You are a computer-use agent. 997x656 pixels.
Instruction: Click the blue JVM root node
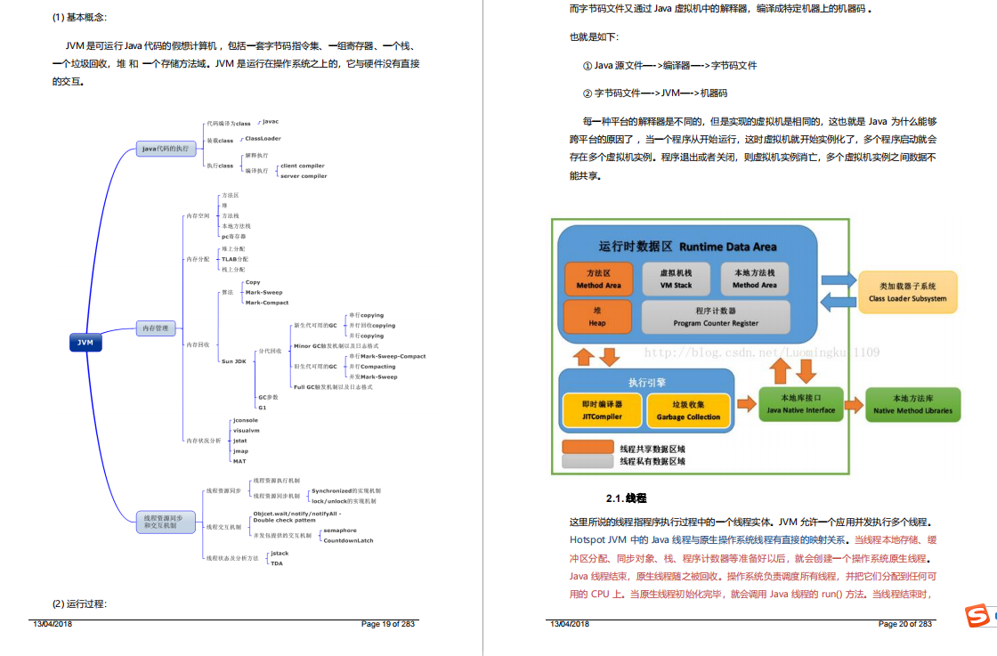pyautogui.click(x=85, y=342)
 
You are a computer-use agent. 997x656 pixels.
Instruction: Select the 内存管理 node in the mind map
pyautogui.click(x=156, y=328)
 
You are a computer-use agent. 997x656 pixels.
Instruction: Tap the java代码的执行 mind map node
pyautogui.click(x=166, y=149)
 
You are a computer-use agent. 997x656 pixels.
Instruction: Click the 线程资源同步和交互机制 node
pyautogui.click(x=164, y=522)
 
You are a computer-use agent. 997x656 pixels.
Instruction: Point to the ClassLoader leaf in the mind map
pyautogui.click(x=263, y=139)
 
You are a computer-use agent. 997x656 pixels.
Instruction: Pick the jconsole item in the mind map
pyautogui.click(x=246, y=419)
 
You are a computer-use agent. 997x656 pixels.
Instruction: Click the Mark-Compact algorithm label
pyautogui.click(x=267, y=303)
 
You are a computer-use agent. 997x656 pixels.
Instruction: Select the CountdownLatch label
pyautogui.click(x=348, y=540)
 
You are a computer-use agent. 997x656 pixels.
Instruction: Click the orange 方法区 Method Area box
pyautogui.click(x=598, y=279)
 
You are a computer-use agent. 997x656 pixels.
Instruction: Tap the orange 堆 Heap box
pyautogui.click(x=597, y=317)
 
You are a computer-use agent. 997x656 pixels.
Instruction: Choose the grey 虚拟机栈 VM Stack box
pyautogui.click(x=676, y=279)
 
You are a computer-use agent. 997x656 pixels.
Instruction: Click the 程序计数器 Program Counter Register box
pyautogui.click(x=716, y=317)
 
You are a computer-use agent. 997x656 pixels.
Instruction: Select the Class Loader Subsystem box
pyautogui.click(x=908, y=292)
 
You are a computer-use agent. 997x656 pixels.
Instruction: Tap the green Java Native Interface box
pyautogui.click(x=802, y=404)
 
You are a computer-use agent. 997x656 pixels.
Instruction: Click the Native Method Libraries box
pyautogui.click(x=912, y=404)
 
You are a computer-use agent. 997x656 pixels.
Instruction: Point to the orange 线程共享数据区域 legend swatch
pyautogui.click(x=588, y=448)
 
